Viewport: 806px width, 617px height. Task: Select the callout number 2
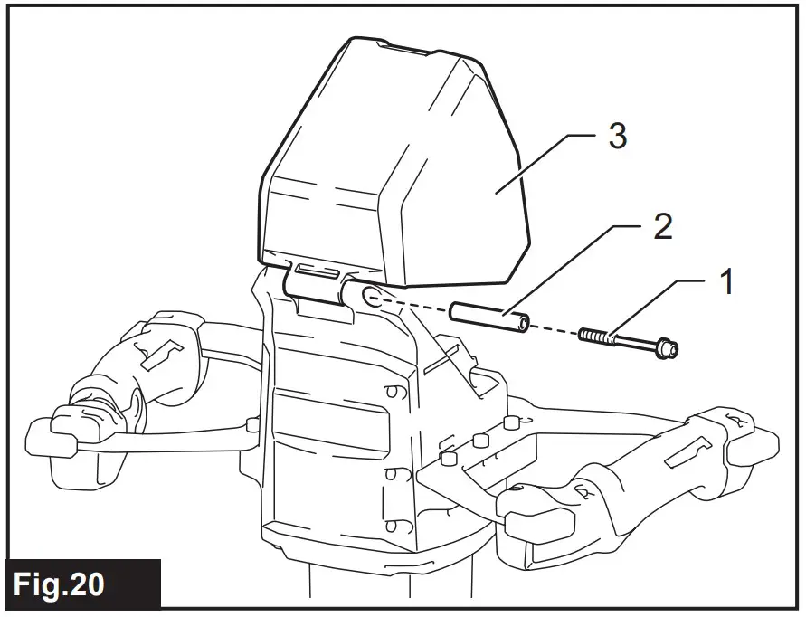[662, 228]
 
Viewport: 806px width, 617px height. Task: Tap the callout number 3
[617, 138]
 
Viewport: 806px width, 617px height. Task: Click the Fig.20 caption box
[81, 584]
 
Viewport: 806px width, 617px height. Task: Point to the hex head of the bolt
[668, 347]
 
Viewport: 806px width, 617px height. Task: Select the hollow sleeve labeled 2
[488, 318]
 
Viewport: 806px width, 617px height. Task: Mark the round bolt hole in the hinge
[371, 295]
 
